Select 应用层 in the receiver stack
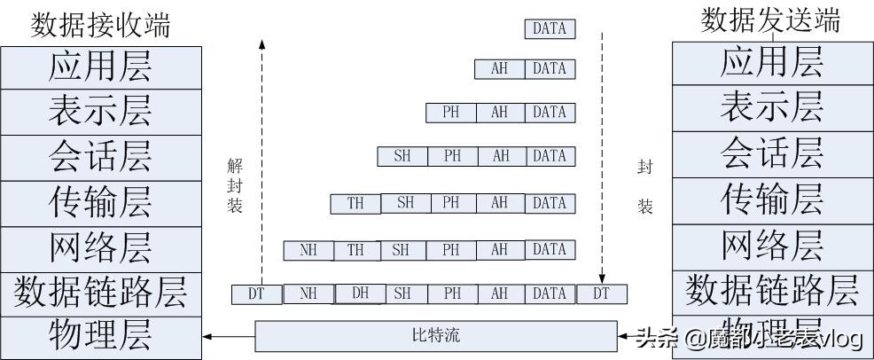[x=100, y=67]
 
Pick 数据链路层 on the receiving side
[x=100, y=292]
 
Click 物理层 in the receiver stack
[x=100, y=336]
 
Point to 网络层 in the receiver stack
[x=100, y=247]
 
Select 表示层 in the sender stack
[x=771, y=107]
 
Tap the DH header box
[x=360, y=293]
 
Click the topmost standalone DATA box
[x=550, y=28]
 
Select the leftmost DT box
[x=256, y=293]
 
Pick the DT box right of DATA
[x=602, y=293]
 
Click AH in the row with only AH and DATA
[x=500, y=68]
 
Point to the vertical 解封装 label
[x=234, y=185]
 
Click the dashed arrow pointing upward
[x=261, y=160]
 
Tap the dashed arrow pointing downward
[x=602, y=160]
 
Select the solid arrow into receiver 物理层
[x=229, y=336]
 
